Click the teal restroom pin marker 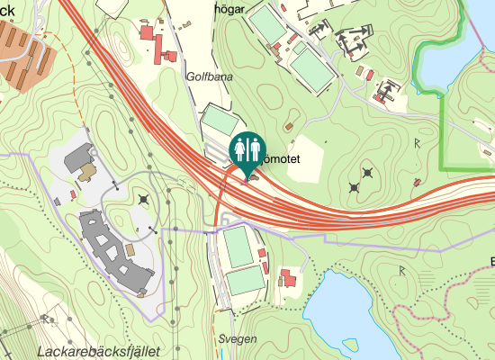(x=247, y=151)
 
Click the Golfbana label (x=209, y=77)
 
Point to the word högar (x=256, y=9)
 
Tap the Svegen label (x=238, y=338)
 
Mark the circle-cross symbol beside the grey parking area (x=144, y=199)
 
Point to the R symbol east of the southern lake (x=402, y=270)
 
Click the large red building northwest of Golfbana (x=147, y=34)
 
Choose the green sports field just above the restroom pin (x=220, y=126)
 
